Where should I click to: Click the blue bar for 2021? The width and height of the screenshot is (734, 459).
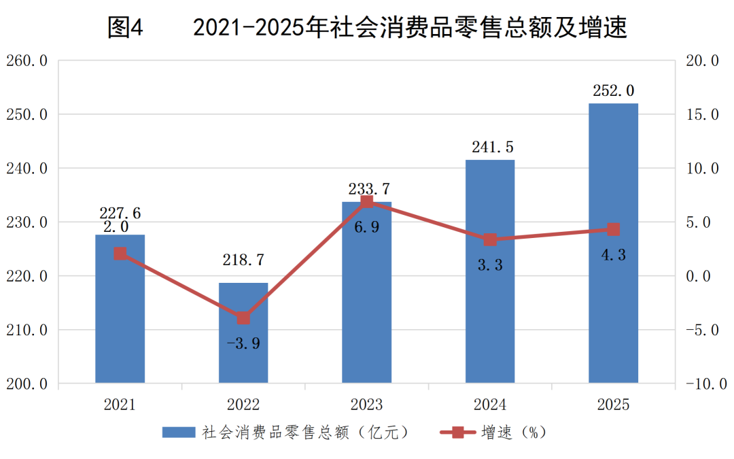coord(120,309)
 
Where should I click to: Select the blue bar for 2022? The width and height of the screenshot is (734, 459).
coord(243,333)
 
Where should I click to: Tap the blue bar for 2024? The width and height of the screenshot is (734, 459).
coord(490,271)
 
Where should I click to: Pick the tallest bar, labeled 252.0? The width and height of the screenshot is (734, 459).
coord(613,243)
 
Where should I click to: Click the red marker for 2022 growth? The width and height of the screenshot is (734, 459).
coord(243,318)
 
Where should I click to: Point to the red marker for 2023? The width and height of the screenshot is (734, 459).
coord(367,201)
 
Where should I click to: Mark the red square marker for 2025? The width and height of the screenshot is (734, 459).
coord(613,230)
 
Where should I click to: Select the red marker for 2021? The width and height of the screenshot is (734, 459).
coord(120,254)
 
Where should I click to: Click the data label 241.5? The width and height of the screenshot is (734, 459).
coord(493,147)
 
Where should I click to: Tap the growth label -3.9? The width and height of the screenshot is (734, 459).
coord(243,343)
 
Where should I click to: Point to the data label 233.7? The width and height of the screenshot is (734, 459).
coord(369,189)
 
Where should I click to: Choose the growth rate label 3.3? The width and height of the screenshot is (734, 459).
coord(490,265)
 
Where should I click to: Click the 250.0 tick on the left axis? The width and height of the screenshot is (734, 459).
coord(27,114)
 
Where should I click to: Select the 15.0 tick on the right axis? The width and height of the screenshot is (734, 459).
coord(702,114)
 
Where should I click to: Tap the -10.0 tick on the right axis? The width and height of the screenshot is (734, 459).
coord(706,384)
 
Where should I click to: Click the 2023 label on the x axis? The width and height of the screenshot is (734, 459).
coord(366,405)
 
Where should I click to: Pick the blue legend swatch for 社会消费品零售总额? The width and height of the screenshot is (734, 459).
coord(179,432)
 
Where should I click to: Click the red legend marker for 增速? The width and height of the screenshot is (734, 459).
coord(458,432)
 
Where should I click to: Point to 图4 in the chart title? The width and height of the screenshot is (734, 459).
coord(126,27)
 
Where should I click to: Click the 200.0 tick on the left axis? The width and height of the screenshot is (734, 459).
coord(27,384)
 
